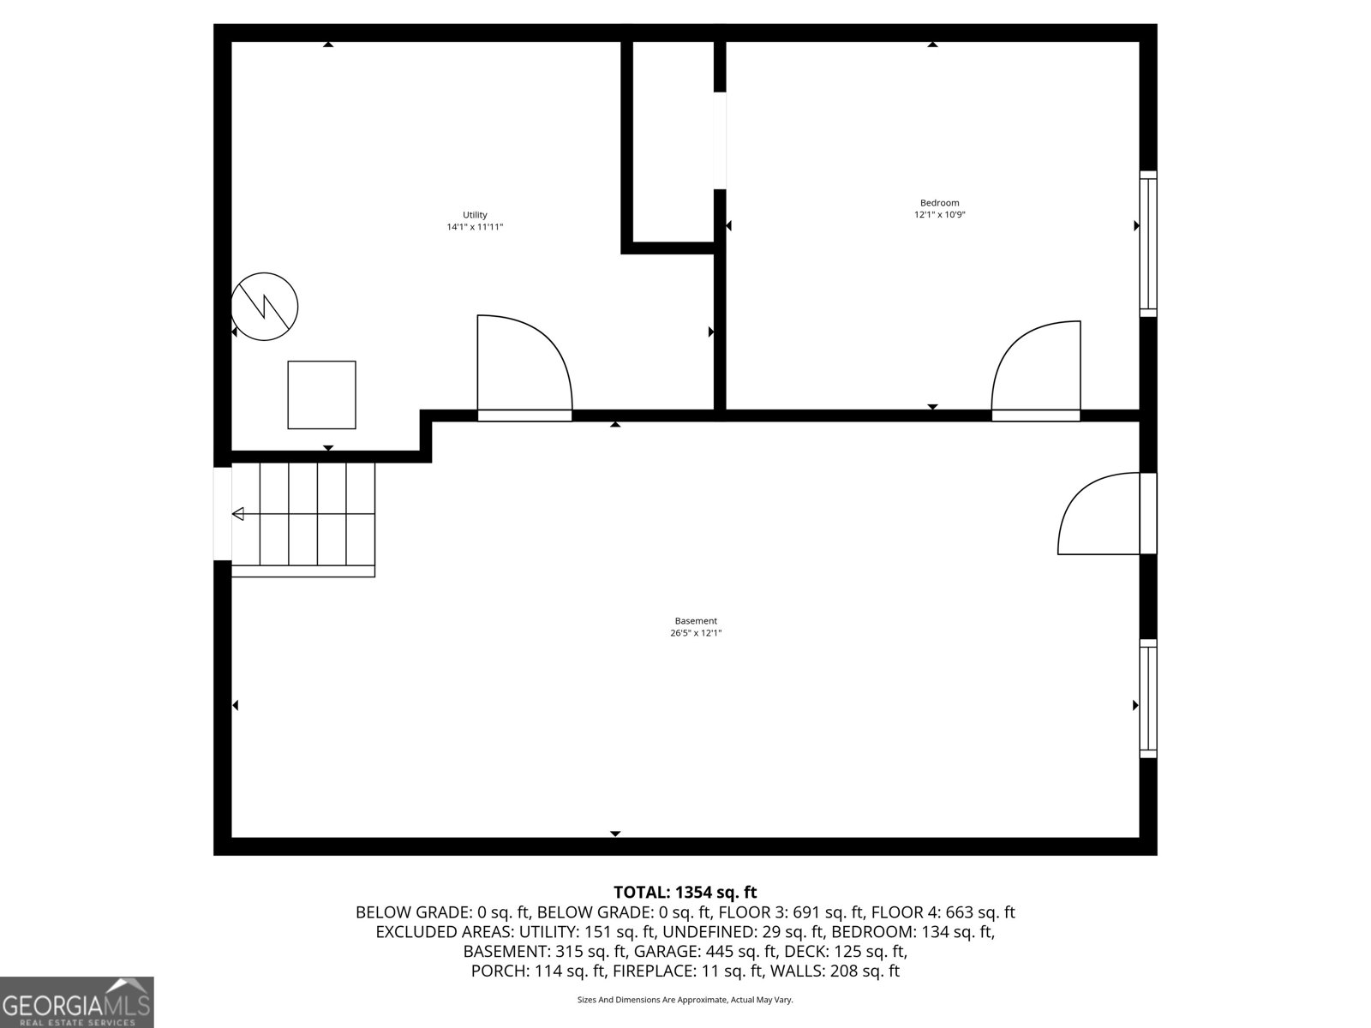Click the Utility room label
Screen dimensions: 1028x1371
pos(475,215)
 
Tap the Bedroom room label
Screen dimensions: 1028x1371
pos(939,203)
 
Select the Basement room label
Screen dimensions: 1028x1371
pos(695,621)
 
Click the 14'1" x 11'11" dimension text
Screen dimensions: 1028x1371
pos(475,227)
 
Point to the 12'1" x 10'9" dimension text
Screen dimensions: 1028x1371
pos(939,215)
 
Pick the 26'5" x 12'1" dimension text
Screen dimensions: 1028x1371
pos(695,633)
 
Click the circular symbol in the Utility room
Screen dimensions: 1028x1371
pos(265,306)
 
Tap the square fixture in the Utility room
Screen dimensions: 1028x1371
pos(321,395)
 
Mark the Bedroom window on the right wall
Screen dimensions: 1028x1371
pos(1147,243)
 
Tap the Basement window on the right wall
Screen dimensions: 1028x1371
pos(1147,698)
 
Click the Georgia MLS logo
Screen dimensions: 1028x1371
pos(76,1001)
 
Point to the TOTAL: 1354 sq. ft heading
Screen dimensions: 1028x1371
pos(685,893)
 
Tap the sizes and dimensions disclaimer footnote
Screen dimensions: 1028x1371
pos(685,1000)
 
